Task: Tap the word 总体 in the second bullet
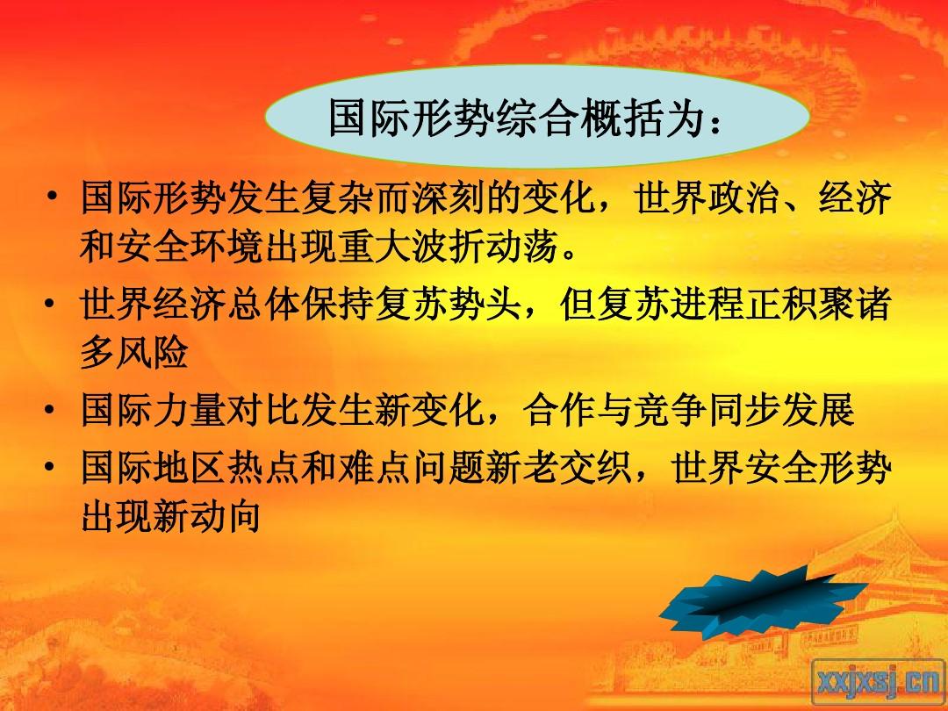point(264,304)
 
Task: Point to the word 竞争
point(669,411)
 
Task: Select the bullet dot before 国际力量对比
point(51,409)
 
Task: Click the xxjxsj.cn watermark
point(877,683)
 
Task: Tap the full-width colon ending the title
point(716,123)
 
